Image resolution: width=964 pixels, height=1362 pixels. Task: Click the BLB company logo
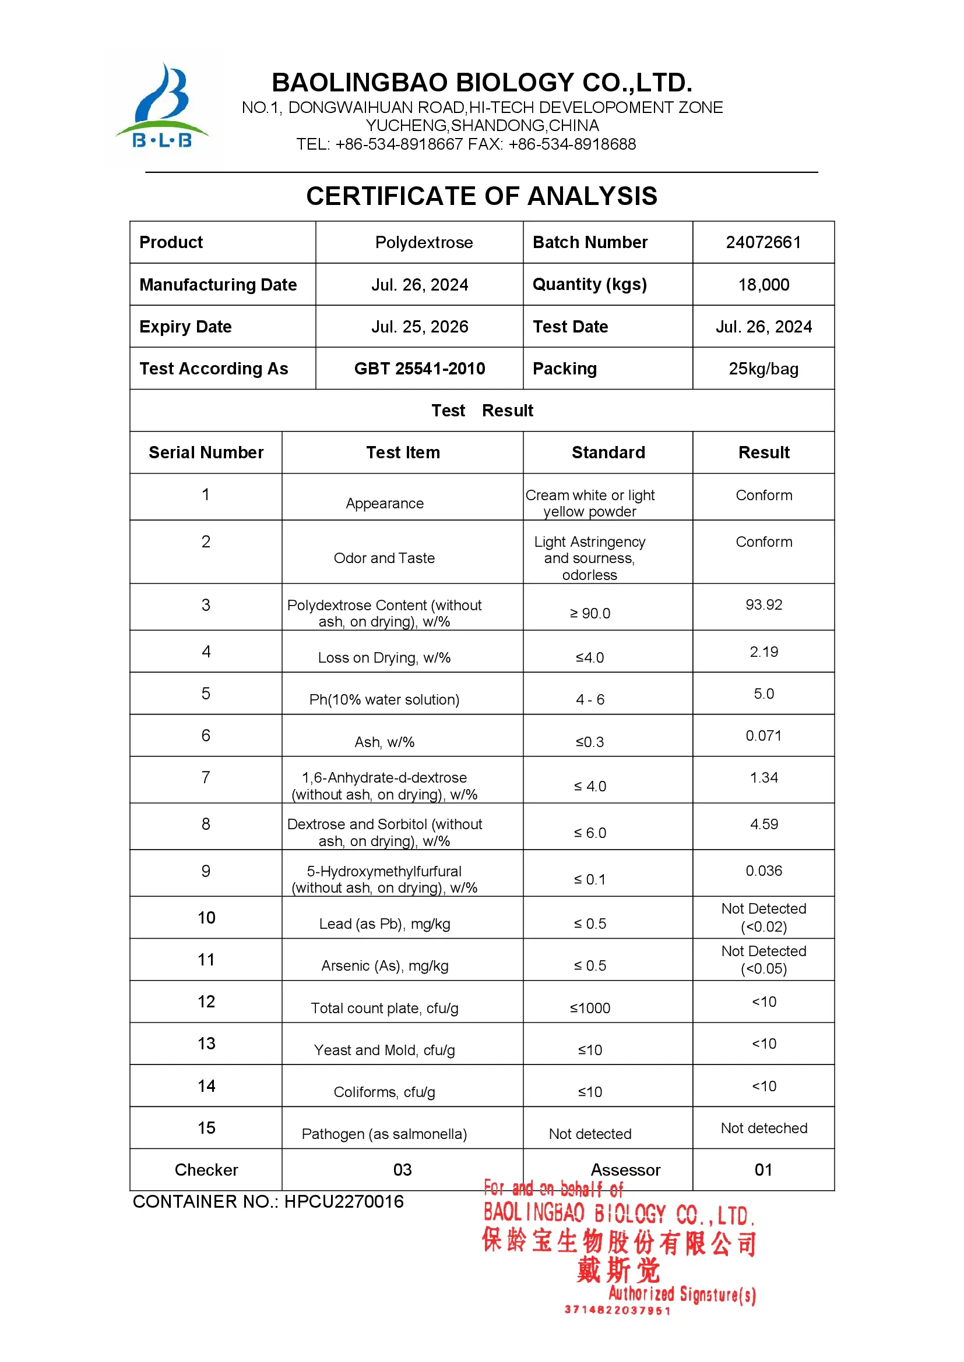click(x=162, y=107)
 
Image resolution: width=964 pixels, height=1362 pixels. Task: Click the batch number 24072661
click(x=763, y=242)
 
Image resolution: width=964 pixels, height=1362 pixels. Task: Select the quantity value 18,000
click(x=764, y=285)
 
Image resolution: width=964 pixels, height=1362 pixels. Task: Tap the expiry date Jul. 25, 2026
click(x=419, y=327)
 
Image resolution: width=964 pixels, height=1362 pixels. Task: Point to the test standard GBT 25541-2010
click(x=419, y=369)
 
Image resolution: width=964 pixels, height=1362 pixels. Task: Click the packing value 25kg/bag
click(x=764, y=369)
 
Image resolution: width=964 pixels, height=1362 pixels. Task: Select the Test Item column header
click(x=403, y=452)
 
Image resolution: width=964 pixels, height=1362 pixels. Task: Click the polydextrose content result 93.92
click(x=764, y=604)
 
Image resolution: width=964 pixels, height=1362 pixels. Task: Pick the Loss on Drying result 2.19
click(x=764, y=652)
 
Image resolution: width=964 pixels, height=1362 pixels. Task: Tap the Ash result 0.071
click(x=764, y=735)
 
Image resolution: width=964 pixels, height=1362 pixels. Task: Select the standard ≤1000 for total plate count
click(x=589, y=1008)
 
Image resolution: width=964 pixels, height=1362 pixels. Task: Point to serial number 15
click(x=206, y=1128)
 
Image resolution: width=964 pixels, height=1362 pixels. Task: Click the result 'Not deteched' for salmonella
click(x=764, y=1128)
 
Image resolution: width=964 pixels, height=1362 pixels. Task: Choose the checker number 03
click(x=402, y=1170)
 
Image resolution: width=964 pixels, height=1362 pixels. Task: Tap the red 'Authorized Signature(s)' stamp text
click(x=682, y=1294)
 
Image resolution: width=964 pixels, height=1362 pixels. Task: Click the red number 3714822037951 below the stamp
click(x=617, y=1310)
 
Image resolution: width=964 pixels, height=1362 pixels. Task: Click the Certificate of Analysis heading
click(x=481, y=196)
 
